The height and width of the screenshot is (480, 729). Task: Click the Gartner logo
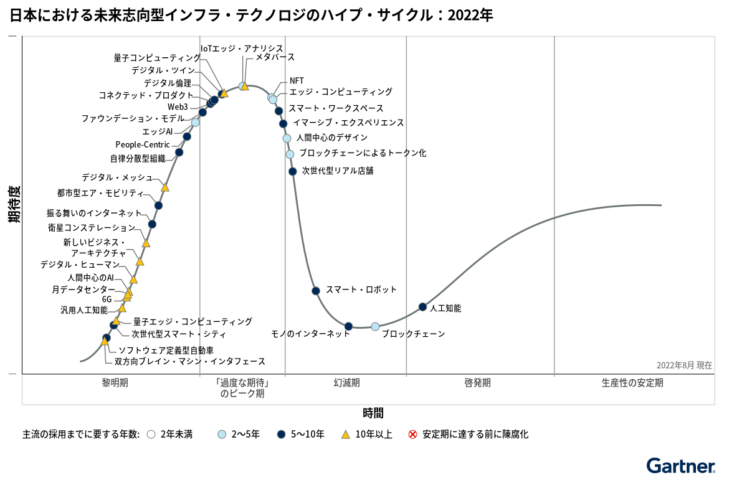680,466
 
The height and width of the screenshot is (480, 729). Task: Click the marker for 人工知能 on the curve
422,307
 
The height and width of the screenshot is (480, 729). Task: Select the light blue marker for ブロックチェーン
375,326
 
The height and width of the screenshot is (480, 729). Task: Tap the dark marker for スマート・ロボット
316,291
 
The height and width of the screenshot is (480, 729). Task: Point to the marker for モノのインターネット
349,326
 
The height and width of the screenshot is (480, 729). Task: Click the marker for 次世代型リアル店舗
292,171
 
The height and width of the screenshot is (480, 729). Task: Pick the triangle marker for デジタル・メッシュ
165,187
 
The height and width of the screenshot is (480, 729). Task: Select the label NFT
297,81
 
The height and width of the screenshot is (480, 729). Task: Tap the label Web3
178,106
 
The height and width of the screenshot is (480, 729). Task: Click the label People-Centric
143,145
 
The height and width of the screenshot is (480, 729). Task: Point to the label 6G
107,299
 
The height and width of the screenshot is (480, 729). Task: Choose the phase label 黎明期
115,383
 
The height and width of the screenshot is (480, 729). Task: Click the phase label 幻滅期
346,383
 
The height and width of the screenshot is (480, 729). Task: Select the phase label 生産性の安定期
632,383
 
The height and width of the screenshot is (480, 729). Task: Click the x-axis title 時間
373,413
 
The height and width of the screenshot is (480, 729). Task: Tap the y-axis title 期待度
14,204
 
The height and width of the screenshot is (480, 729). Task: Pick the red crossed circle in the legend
412,435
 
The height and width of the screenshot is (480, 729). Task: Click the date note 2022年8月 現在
684,365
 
